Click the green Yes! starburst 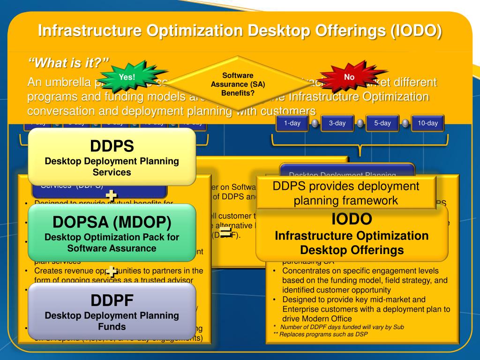tap(127, 77)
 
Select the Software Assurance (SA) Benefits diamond tap(238, 84)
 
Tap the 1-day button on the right tap(292, 123)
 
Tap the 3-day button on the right tap(337, 123)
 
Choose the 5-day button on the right tap(382, 123)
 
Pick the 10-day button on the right tap(427, 123)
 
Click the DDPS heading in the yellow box tap(112, 146)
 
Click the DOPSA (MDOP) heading tap(112, 222)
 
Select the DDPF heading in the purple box tap(112, 300)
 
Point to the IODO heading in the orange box tap(352, 218)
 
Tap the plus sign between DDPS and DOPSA tap(112, 195)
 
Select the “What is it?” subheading tap(68, 62)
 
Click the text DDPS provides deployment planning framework tap(346, 193)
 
